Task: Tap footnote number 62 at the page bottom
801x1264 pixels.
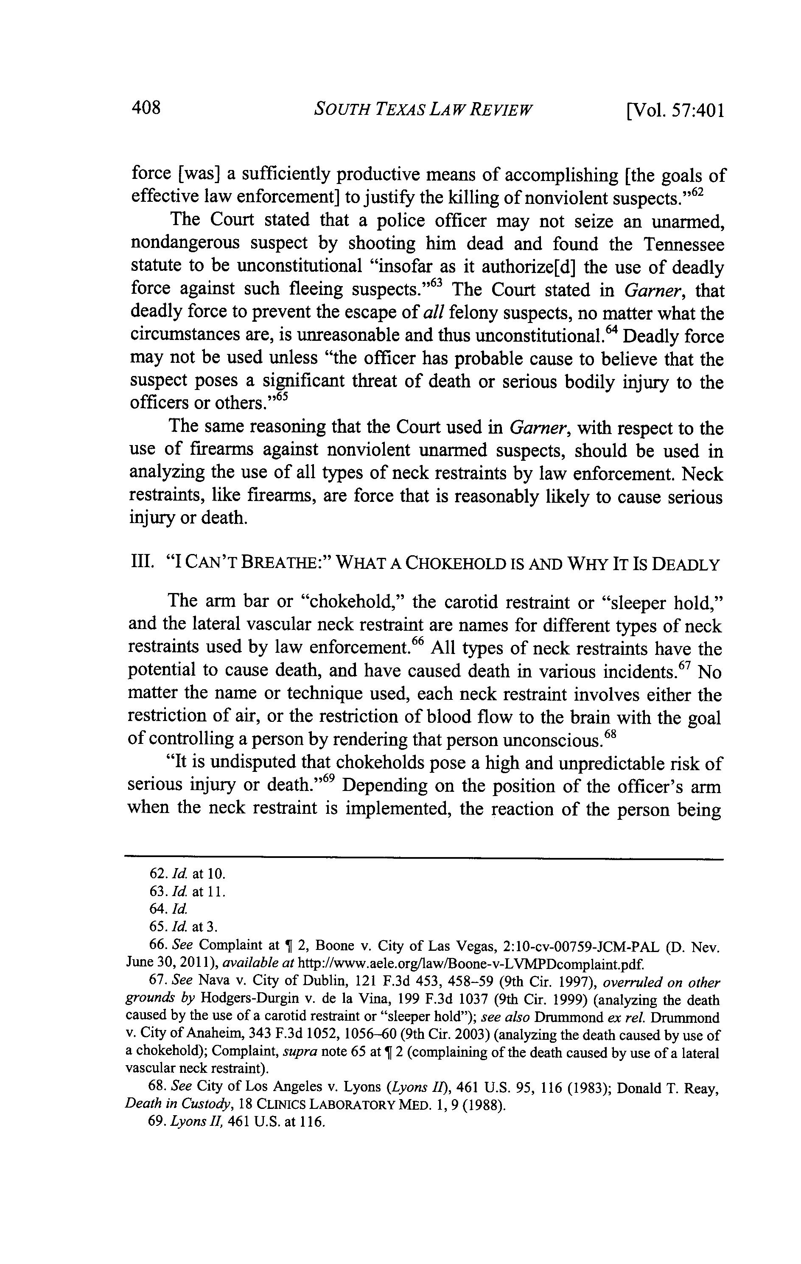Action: (157, 874)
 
